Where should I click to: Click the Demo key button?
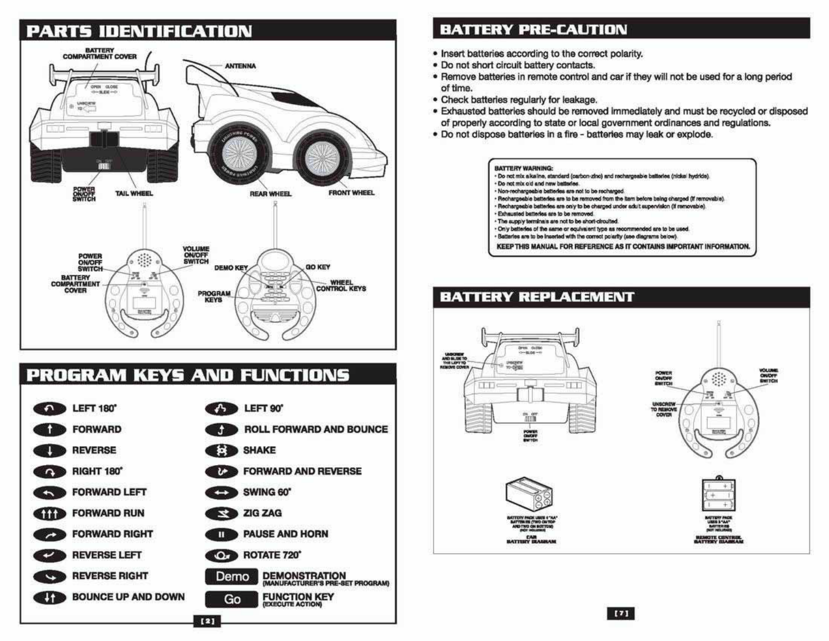click(x=232, y=577)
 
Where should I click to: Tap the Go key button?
click(x=232, y=599)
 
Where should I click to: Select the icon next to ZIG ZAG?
click(x=221, y=514)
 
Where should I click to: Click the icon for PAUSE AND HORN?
click(x=221, y=535)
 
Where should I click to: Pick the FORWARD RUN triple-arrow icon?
click(x=50, y=514)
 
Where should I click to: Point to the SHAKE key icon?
click(x=221, y=451)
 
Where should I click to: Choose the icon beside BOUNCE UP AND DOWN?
click(x=50, y=597)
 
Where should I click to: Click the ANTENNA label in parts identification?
click(x=240, y=66)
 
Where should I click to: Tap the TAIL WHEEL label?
click(x=134, y=193)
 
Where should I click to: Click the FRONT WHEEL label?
click(x=351, y=193)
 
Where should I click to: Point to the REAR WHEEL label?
click(x=271, y=194)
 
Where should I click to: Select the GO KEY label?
click(x=318, y=267)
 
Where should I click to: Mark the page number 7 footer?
click(x=621, y=614)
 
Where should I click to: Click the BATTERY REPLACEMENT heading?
click(x=537, y=297)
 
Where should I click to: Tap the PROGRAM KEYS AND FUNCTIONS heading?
click(x=187, y=375)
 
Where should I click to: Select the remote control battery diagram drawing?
click(x=719, y=494)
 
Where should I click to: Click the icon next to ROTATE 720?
click(x=221, y=556)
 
